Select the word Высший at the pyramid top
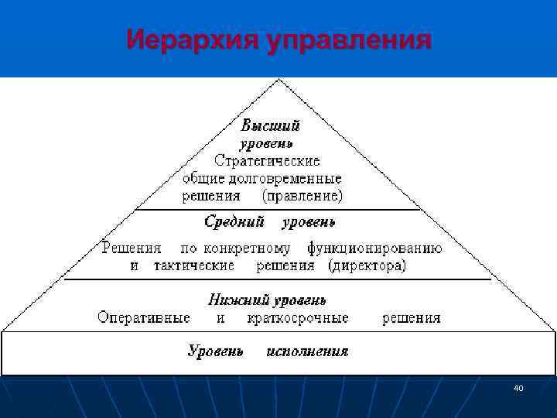[x=270, y=125]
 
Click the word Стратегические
[x=267, y=161]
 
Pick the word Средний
[x=234, y=222]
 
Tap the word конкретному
[x=247, y=248]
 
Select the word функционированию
[x=374, y=248]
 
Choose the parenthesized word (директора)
[x=367, y=266]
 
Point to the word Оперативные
[x=144, y=317]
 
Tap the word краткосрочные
[x=297, y=317]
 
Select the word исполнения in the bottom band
[x=307, y=351]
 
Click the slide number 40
[x=518, y=387]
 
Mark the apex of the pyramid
[x=280, y=80]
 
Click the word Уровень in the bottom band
[x=216, y=351]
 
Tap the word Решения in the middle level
[x=132, y=248]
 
